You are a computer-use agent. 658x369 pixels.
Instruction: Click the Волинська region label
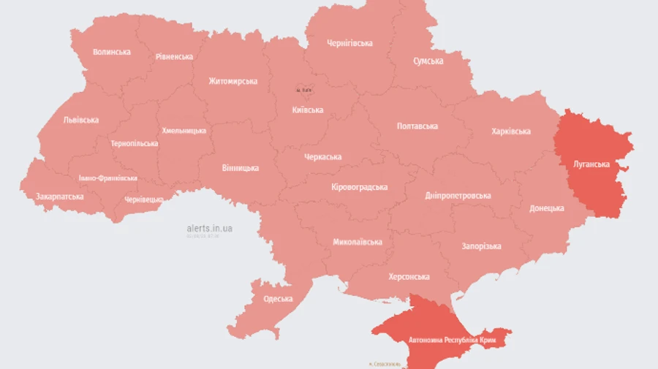[112, 52]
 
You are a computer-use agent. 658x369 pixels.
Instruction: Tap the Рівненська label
[174, 57]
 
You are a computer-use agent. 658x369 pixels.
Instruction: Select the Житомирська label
[232, 81]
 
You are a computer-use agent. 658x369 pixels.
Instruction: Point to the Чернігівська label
[349, 43]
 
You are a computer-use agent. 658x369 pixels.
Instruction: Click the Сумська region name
[428, 61]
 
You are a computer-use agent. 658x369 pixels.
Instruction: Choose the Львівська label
[81, 120]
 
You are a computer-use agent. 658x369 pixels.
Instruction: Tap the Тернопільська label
[134, 143]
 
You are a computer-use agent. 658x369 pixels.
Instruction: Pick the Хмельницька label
[183, 130]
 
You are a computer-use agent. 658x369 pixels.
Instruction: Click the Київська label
[307, 110]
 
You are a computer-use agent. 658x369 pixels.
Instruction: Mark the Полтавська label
[417, 126]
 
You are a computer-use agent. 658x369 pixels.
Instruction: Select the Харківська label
[510, 132]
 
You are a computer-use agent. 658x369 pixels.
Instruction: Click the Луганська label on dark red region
[591, 164]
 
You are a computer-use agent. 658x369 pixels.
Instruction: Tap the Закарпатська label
[60, 197]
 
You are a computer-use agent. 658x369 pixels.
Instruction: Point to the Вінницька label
[241, 168]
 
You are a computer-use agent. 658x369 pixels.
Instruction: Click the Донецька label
[547, 208]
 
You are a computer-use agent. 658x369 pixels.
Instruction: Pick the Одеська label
[278, 299]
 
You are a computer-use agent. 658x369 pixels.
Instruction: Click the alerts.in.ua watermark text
[209, 229]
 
